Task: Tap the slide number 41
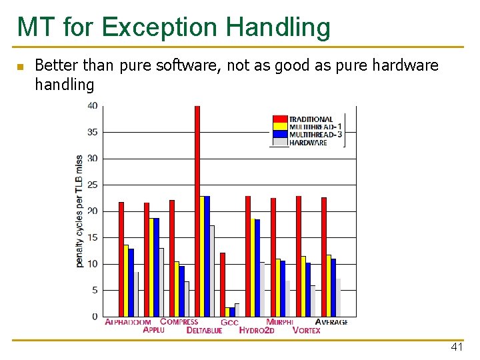point(457,347)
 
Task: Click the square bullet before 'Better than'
point(20,67)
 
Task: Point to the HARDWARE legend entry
point(307,143)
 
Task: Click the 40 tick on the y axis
point(91,106)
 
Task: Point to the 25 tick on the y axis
point(91,185)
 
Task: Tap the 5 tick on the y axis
point(94,290)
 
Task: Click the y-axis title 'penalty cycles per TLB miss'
point(79,211)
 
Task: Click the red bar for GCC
point(223,284)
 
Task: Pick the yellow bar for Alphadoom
point(126,281)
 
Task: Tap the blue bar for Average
point(333,287)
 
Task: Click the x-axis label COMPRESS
point(179,322)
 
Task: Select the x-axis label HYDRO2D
point(257,331)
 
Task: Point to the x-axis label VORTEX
point(307,331)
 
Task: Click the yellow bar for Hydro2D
point(253,267)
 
